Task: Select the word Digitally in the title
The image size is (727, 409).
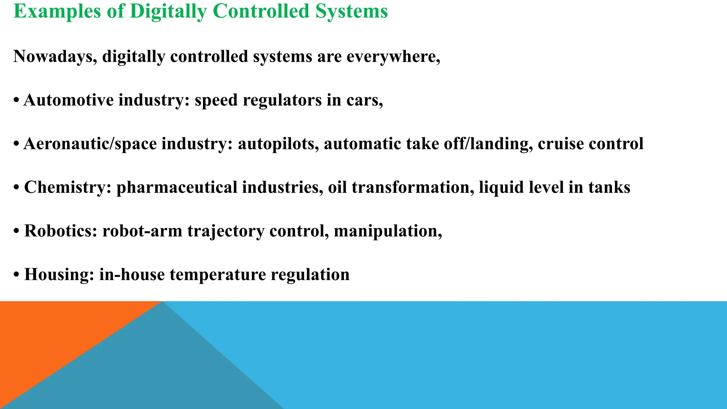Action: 168,11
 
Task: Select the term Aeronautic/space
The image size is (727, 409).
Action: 90,144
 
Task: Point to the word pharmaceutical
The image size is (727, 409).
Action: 176,187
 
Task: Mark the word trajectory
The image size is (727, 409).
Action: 226,231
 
